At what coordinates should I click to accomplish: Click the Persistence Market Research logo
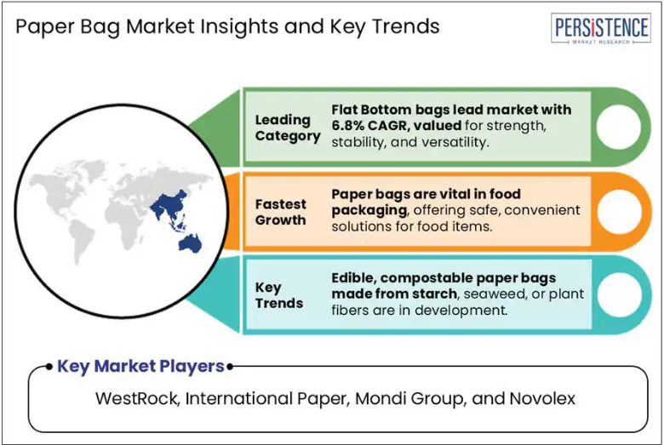coord(600,28)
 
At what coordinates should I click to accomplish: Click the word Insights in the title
coord(239,26)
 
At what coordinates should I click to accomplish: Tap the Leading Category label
coord(288,128)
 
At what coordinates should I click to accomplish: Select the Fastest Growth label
coord(280,212)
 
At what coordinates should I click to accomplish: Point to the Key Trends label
coord(279,295)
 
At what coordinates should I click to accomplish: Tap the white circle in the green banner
coord(619,127)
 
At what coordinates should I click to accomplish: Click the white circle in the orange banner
coord(619,211)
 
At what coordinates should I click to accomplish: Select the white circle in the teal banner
coord(619,295)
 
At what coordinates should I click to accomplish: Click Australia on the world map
coord(190,243)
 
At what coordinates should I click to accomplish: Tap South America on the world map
coord(83,242)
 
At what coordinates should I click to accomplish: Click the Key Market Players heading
coord(140,366)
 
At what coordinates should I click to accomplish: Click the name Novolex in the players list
coord(542,398)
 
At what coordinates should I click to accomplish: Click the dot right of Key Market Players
coord(230,367)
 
